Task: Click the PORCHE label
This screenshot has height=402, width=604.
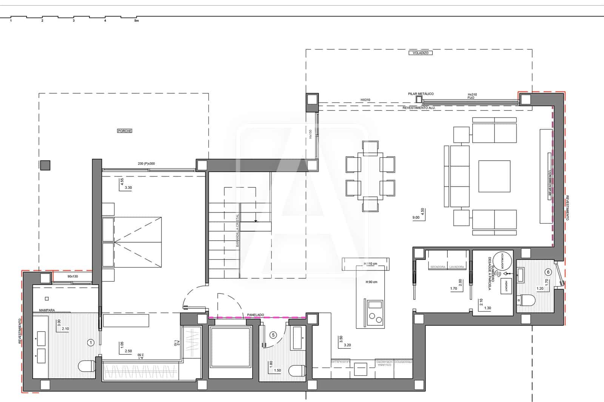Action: [x=125, y=131]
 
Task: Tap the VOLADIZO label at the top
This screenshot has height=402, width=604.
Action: [x=420, y=53]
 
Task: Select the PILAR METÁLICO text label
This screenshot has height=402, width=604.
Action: [x=421, y=94]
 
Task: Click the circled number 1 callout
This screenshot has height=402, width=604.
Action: [x=90, y=342]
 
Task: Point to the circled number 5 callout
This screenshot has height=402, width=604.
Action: [x=273, y=334]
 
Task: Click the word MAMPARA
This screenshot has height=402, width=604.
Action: [x=47, y=310]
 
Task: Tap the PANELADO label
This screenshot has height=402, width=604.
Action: [x=256, y=315]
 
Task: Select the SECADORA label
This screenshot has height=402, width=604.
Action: [x=438, y=267]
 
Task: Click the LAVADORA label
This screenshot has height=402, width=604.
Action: [x=457, y=267]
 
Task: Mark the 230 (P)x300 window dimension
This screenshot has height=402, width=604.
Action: [x=146, y=164]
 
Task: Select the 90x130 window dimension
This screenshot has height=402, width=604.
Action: [x=72, y=276]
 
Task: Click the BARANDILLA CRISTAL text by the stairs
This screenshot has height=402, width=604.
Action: [x=237, y=230]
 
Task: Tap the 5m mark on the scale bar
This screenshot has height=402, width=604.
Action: [x=136, y=21]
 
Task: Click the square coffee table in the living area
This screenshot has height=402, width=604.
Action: [x=494, y=176]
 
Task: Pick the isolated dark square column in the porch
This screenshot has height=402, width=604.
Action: [x=45, y=165]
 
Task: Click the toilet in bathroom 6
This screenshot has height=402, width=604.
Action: [x=527, y=301]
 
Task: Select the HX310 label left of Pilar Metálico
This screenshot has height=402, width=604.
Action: [x=365, y=100]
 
